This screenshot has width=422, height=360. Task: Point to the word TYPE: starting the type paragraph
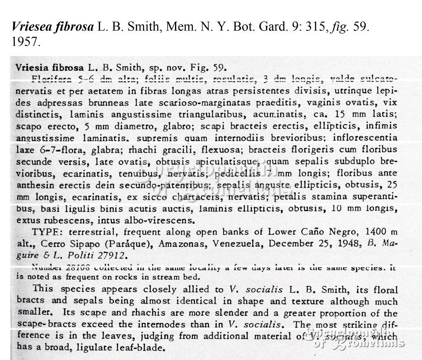point(49,232)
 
